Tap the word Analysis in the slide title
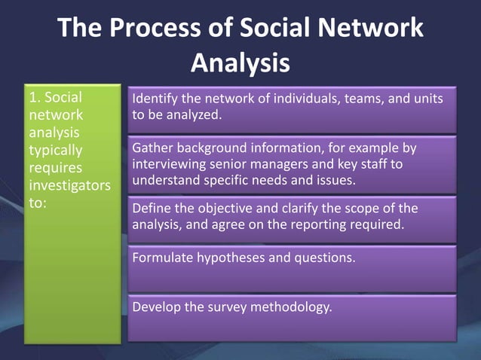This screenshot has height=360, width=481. point(240,63)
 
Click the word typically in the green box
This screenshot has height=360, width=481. point(56,150)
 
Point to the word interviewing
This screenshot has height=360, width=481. point(167,164)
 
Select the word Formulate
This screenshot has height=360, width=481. point(161,257)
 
